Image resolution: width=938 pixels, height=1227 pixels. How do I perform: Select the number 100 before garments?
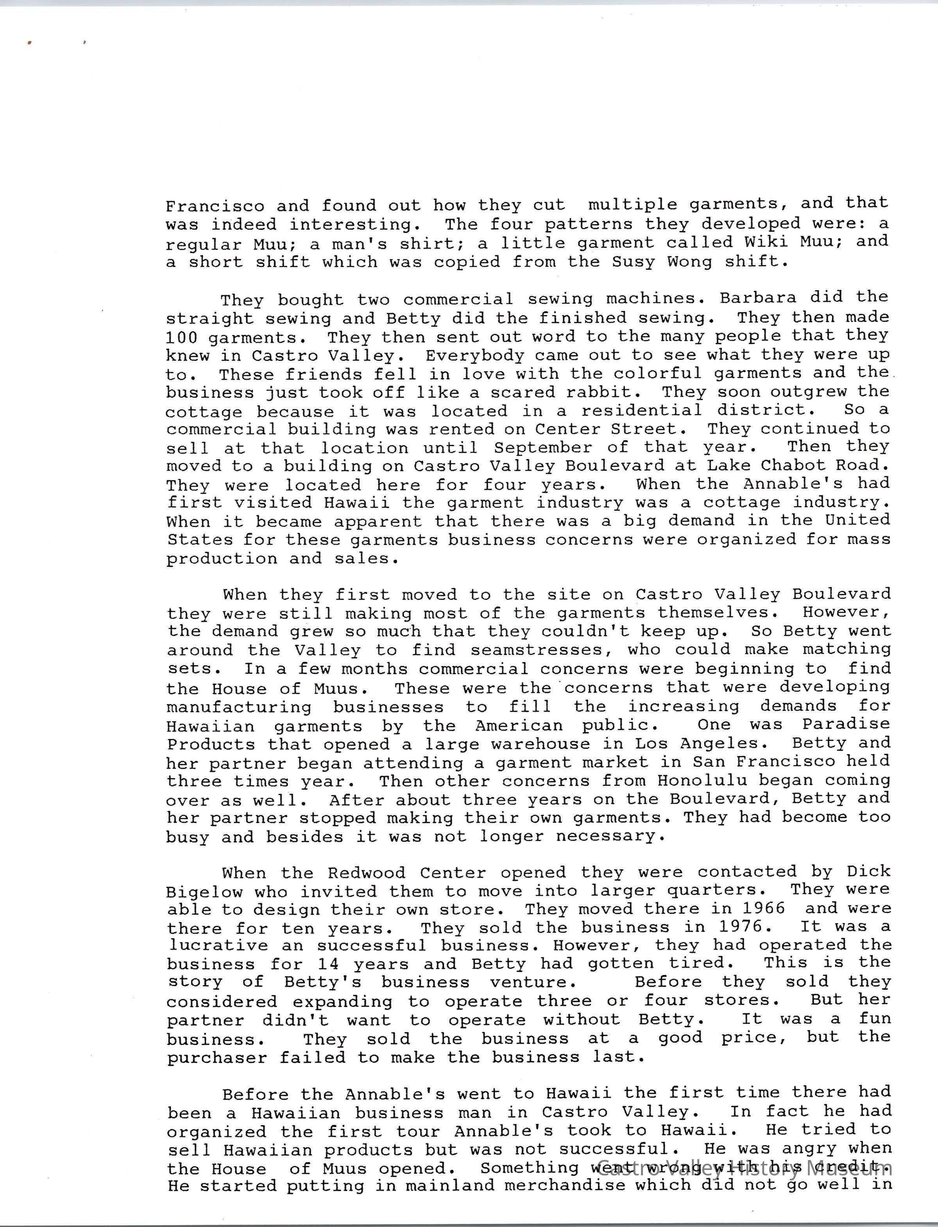coord(181,338)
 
